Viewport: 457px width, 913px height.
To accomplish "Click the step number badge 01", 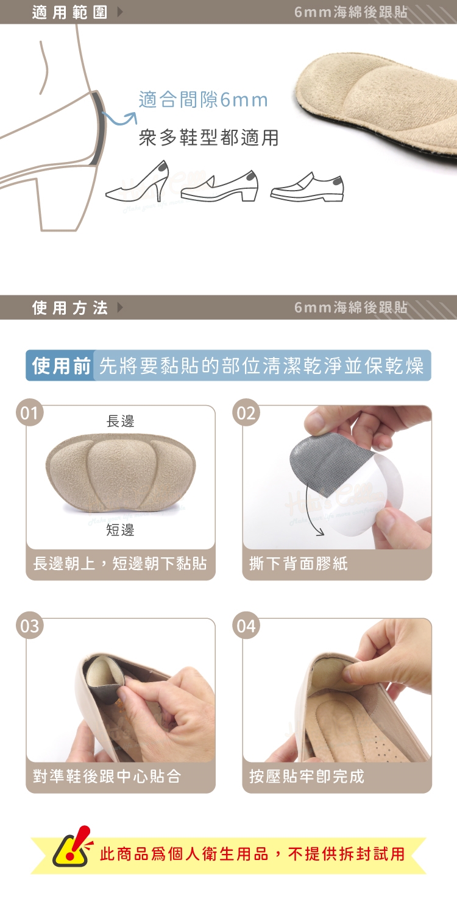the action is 29,412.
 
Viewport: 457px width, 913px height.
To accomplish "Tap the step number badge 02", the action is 246,412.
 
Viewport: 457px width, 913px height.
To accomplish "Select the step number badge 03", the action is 29,626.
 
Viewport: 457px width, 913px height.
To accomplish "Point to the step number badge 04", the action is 246,626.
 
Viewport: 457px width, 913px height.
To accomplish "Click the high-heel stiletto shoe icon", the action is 137,180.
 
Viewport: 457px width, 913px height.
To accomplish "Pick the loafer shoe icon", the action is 307,187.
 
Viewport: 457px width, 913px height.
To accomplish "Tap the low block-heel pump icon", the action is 219,186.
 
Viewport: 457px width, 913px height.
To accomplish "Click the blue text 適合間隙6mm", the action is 203,100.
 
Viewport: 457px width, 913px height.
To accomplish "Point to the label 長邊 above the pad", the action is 120,421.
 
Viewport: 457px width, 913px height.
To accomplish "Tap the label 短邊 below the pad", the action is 120,530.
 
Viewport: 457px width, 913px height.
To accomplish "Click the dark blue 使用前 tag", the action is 60,365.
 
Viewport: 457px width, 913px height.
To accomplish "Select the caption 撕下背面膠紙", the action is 299,563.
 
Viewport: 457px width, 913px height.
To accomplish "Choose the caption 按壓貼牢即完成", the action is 306,777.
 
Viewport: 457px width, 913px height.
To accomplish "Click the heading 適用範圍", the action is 69,12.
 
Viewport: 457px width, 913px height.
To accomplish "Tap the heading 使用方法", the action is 69,308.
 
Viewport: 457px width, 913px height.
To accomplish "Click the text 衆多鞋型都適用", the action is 209,138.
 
